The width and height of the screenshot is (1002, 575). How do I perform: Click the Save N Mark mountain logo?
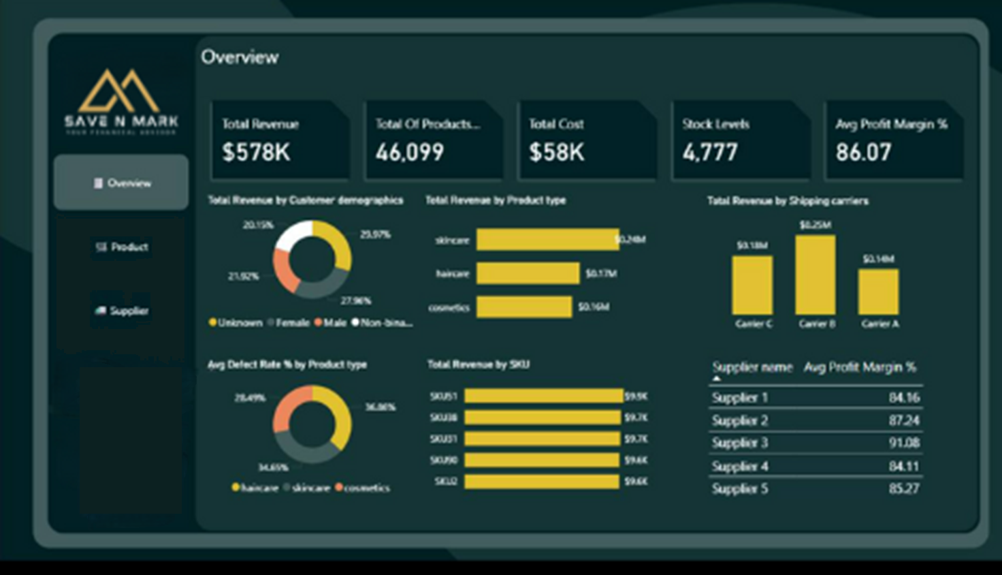pyautogui.click(x=120, y=92)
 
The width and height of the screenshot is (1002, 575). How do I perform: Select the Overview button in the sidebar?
pyautogui.click(x=121, y=183)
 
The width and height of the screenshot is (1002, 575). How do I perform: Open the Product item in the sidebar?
pyautogui.click(x=122, y=247)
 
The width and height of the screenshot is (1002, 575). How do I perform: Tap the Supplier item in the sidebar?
pyautogui.click(x=122, y=311)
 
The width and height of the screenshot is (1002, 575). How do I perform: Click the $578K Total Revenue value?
pyautogui.click(x=256, y=152)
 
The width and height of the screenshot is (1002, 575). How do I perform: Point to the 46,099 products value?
pyautogui.click(x=410, y=152)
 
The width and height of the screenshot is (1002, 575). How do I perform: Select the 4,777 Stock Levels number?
pyautogui.click(x=710, y=152)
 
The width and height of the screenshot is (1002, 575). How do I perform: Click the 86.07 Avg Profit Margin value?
pyautogui.click(x=863, y=152)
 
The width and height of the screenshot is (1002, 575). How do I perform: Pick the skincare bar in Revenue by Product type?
pyautogui.click(x=547, y=240)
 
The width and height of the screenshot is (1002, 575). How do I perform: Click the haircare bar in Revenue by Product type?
pyautogui.click(x=528, y=273)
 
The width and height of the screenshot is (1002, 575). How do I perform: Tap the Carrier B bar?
pyautogui.click(x=815, y=275)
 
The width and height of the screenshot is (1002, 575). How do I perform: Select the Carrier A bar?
pyautogui.click(x=878, y=292)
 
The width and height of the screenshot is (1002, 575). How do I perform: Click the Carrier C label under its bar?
pyautogui.click(x=754, y=324)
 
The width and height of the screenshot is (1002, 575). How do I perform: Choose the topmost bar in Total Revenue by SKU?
pyautogui.click(x=543, y=396)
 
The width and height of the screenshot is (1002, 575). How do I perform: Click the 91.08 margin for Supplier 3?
pyautogui.click(x=904, y=443)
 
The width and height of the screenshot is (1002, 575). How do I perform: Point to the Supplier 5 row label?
pyautogui.click(x=739, y=488)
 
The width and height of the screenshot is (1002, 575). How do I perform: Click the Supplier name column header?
pyautogui.click(x=752, y=367)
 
